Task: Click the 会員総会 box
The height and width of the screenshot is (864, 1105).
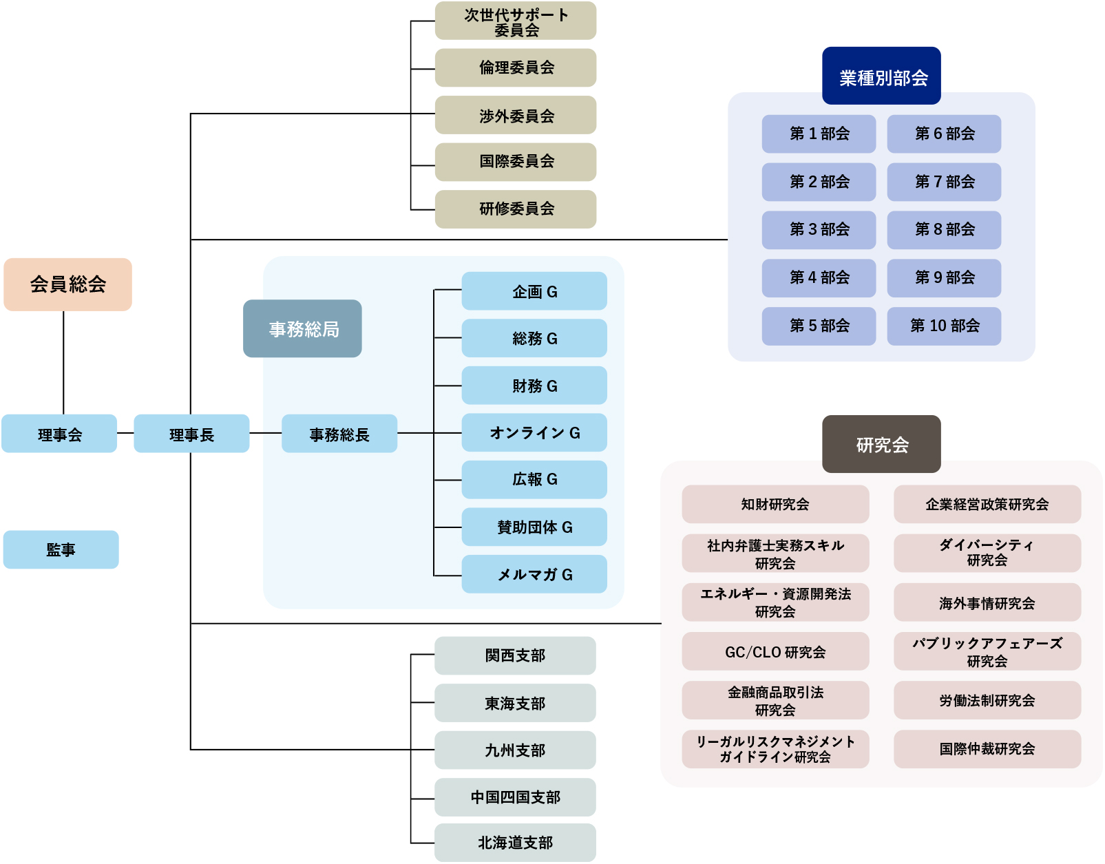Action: (x=67, y=284)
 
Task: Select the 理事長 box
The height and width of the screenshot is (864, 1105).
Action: (x=191, y=434)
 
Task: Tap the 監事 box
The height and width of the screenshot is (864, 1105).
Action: (x=61, y=549)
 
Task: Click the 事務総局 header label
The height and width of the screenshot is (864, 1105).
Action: (x=302, y=329)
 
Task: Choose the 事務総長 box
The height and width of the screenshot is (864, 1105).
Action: (x=339, y=434)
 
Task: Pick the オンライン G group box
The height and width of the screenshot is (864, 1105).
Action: (x=534, y=433)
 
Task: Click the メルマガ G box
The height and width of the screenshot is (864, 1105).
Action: (x=534, y=574)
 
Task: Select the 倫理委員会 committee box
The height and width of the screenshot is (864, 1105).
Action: (x=516, y=67)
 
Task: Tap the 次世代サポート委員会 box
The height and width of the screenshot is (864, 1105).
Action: (x=516, y=21)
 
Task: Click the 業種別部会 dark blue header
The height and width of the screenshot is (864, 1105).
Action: (x=881, y=76)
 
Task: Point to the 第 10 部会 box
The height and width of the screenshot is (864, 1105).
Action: (x=944, y=326)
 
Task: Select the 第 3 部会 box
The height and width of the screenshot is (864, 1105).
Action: (x=819, y=230)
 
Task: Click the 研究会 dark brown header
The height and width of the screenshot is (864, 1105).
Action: (x=881, y=445)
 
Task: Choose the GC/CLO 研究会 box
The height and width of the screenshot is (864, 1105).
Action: (x=775, y=651)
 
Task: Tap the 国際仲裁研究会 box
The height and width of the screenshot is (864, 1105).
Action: (x=987, y=749)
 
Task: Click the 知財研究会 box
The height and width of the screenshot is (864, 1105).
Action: (x=775, y=504)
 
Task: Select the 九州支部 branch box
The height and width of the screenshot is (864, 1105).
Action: (x=515, y=750)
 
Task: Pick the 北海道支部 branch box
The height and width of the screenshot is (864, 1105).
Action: (x=515, y=843)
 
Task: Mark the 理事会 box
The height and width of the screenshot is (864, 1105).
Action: (x=59, y=434)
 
